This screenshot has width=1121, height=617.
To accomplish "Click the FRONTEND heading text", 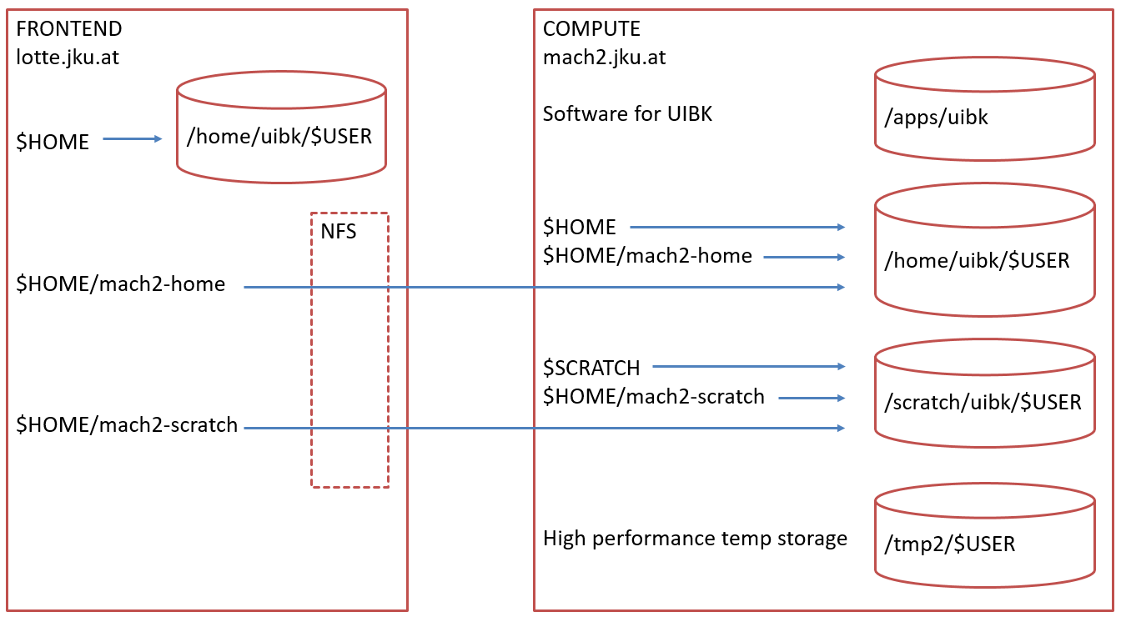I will click(69, 29).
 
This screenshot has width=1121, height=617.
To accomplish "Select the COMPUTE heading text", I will click(591, 29).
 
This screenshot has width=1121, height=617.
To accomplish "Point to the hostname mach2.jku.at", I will click(604, 58).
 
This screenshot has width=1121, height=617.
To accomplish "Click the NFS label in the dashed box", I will click(339, 231).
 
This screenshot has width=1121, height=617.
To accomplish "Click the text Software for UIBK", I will click(627, 114).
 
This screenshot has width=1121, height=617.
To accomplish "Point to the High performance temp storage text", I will click(695, 539).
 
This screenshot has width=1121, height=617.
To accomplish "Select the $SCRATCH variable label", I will click(591, 368).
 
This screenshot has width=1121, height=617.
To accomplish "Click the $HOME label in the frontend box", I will click(53, 143).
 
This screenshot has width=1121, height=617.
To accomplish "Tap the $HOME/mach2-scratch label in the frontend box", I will click(127, 426).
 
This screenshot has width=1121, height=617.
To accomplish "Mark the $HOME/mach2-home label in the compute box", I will click(647, 256).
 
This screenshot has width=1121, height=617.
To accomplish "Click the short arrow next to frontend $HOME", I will click(133, 139).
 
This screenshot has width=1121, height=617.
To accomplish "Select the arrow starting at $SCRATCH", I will click(748, 366).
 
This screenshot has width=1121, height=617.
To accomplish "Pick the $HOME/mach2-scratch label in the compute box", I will click(654, 397).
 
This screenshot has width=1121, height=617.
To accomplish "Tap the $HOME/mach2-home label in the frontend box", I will click(121, 284).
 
